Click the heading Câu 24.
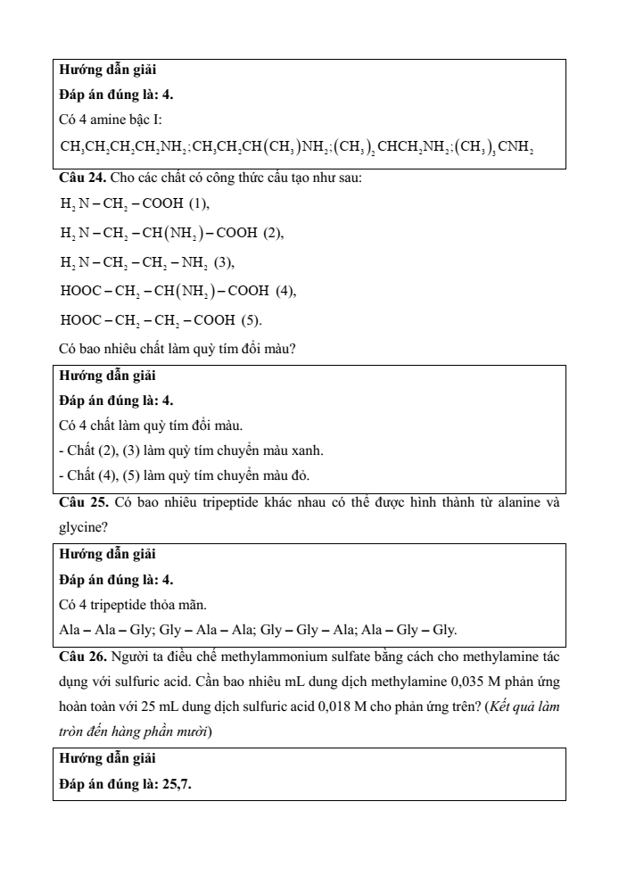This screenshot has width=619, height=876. click(x=78, y=178)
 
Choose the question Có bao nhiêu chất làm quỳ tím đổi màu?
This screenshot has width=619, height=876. click(x=177, y=350)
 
